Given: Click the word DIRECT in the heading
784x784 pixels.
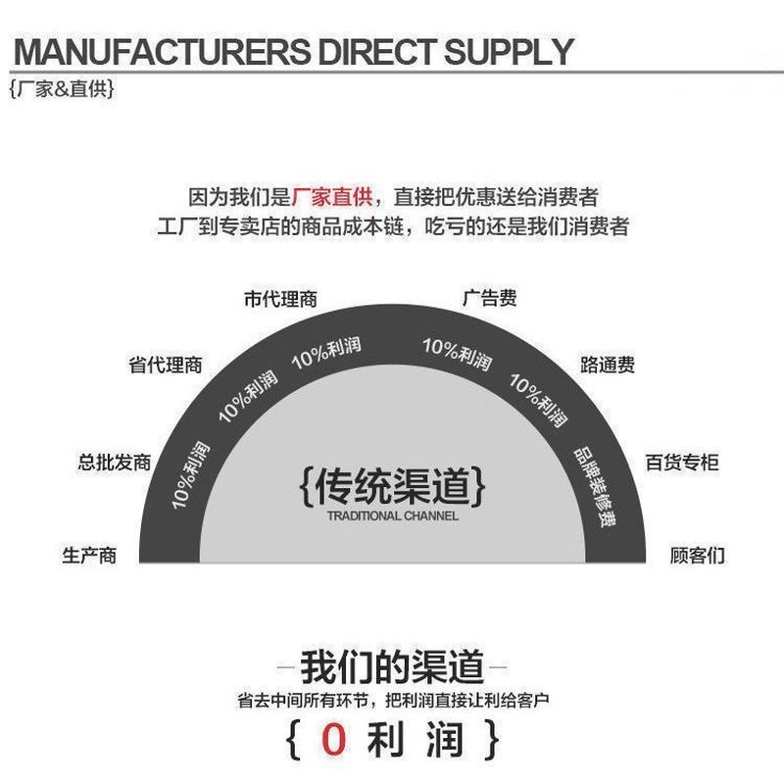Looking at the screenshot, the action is tap(376, 52).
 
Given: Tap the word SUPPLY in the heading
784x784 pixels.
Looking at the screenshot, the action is tap(509, 52).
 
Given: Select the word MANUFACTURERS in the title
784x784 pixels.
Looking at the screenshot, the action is tap(162, 52).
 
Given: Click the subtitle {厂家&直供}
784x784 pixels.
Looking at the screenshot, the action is tap(62, 89).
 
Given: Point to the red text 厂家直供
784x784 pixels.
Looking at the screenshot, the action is tap(331, 197).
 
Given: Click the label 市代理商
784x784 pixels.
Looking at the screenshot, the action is tap(280, 299).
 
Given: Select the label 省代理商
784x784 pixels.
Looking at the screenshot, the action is tap(166, 365).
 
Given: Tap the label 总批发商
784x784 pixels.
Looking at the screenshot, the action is tap(115, 462).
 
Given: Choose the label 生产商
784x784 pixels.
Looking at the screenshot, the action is tap(89, 556).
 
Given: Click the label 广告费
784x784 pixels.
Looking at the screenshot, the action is tap(489, 298).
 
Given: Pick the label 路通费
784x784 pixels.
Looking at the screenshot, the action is tap(608, 365).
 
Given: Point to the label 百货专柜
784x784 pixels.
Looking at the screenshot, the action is tap(682, 462).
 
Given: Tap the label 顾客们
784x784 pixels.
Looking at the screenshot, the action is tap(698, 556).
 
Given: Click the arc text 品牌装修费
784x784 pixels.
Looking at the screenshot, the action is tap(595, 486).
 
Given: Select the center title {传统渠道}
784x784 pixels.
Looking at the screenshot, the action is tap(393, 485).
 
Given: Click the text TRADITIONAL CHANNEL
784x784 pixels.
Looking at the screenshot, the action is tap(393, 516).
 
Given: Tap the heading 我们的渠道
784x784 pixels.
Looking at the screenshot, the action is tap(392, 666).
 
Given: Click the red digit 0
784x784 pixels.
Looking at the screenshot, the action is tap(333, 739).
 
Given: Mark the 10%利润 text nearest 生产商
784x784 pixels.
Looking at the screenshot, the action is tap(190, 475).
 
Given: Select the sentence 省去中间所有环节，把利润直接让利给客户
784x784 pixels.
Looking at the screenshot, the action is tap(393, 701).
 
